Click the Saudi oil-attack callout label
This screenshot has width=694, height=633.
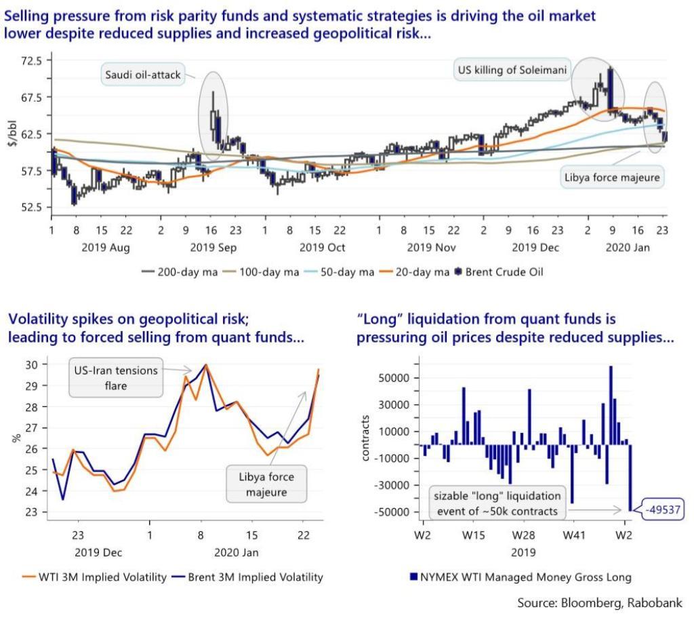pyautogui.click(x=143, y=75)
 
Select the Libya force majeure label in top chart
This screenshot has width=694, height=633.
pyautogui.click(x=612, y=178)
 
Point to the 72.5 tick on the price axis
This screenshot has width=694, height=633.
pyautogui.click(x=31, y=60)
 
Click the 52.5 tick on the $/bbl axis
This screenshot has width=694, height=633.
pyautogui.click(x=31, y=207)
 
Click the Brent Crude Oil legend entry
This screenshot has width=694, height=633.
pyautogui.click(x=499, y=272)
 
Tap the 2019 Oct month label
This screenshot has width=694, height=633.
pyautogui.click(x=322, y=248)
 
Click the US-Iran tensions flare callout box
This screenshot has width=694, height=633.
pyautogui.click(x=117, y=378)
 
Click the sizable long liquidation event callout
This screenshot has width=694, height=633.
pyautogui.click(x=498, y=503)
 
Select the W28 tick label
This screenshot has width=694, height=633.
pyautogui.click(x=523, y=536)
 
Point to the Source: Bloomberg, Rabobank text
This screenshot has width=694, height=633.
pyautogui.click(x=600, y=603)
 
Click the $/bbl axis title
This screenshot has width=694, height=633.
pyautogui.click(x=12, y=134)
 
